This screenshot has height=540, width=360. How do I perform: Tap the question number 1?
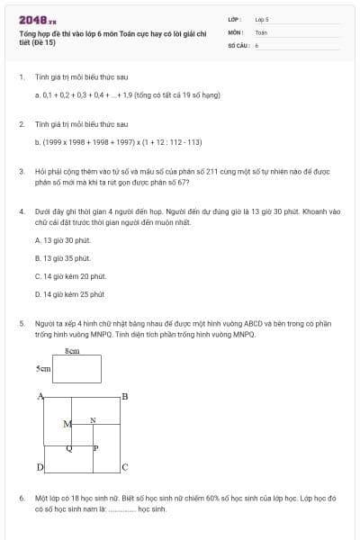click(21, 76)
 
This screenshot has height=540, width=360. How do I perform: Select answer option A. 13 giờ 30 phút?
click(62, 240)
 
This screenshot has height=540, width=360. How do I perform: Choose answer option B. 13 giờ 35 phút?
click(63, 258)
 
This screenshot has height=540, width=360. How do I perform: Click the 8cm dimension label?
click(73, 350)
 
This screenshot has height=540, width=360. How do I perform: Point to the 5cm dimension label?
click(42, 369)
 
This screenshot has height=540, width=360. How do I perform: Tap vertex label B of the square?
click(124, 397)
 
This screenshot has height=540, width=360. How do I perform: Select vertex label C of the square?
click(124, 467)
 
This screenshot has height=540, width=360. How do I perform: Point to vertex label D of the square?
click(40, 467)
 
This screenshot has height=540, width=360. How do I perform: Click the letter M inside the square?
click(67, 423)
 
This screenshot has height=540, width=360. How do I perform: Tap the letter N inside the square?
click(92, 420)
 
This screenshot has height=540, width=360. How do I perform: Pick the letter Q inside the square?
click(70, 446)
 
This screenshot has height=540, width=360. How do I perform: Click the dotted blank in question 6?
click(121, 508)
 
